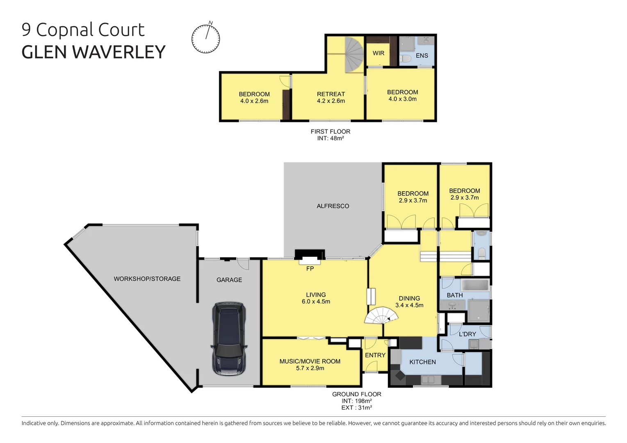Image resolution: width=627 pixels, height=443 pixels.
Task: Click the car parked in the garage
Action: point(229,339)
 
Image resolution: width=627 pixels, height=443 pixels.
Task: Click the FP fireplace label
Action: point(310,269)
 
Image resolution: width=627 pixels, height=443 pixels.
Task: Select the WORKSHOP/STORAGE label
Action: point(147,279)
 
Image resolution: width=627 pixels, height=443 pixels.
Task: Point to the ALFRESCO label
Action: point(333,206)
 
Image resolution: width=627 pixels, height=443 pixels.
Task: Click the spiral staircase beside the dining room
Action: point(382,316)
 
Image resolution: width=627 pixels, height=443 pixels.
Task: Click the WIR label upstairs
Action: point(378,53)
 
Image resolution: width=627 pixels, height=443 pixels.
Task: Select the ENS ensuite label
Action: point(422,56)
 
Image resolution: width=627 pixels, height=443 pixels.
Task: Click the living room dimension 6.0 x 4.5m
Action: point(316,301)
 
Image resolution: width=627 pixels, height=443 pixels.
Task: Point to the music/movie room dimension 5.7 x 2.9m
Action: point(310,368)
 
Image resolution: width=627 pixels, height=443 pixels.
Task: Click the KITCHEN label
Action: point(422,362)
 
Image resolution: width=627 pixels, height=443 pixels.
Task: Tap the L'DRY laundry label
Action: point(467,334)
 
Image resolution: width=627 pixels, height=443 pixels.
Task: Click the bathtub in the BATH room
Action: point(474,285)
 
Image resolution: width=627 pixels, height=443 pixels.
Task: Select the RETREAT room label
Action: point(331,94)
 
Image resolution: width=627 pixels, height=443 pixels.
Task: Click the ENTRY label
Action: point(375,355)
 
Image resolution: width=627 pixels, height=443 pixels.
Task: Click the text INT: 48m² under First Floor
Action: point(330,139)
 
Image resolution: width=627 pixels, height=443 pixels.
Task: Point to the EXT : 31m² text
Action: point(356,408)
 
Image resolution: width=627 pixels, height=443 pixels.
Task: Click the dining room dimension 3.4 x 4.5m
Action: point(409,305)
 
